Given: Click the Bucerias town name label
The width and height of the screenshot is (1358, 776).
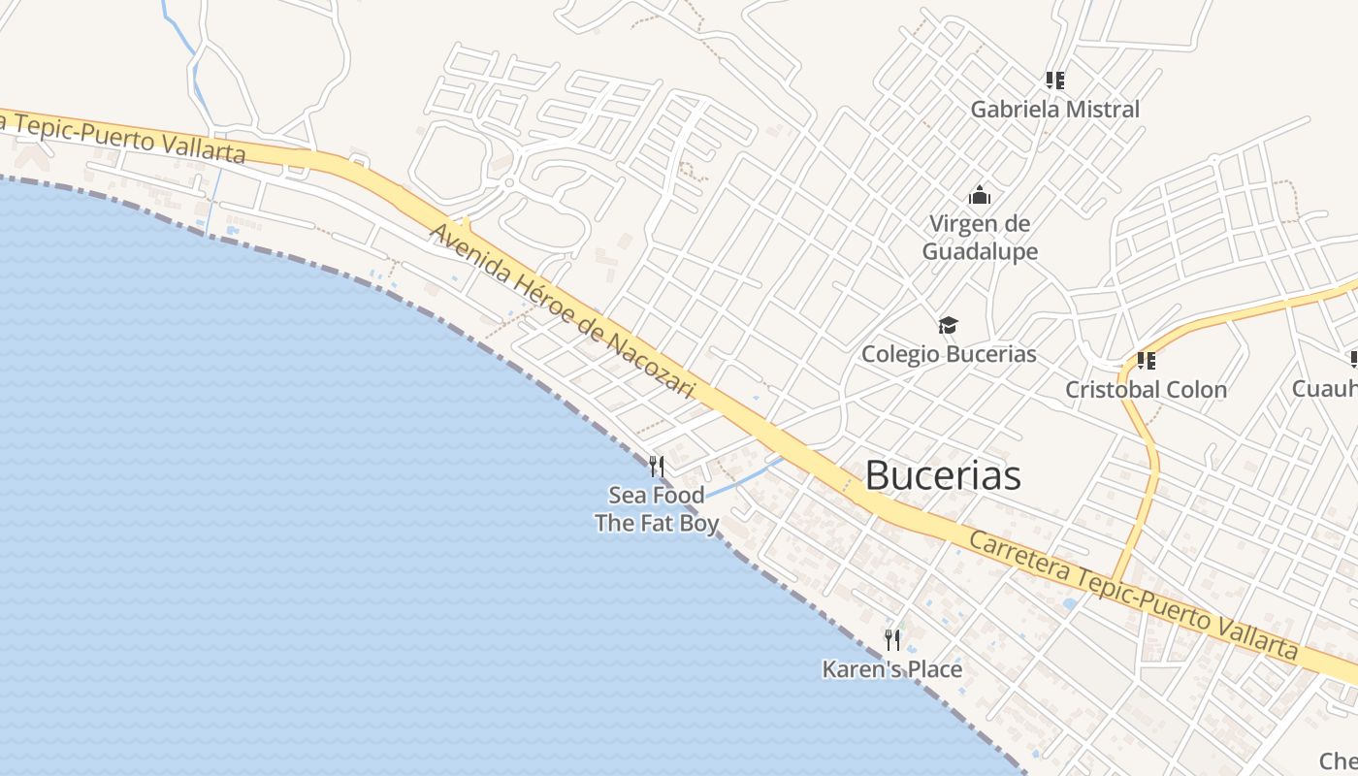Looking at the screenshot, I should tap(942, 475).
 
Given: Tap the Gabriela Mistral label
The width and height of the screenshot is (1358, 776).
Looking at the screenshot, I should tap(1054, 109).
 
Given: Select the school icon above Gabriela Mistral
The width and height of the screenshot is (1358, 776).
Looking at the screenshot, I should tap(1054, 81).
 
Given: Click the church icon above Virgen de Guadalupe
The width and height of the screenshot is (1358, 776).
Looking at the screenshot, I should tap(980, 195).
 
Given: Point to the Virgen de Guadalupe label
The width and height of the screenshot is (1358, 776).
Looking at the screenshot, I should tap(980, 238).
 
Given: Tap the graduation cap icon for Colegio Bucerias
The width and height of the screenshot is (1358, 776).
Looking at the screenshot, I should tap(948, 326).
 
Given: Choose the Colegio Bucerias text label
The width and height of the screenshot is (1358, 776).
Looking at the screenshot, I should tap(949, 354).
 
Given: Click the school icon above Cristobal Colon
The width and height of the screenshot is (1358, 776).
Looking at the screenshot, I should tap(1146, 361).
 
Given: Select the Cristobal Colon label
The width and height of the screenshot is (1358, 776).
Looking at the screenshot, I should tap(1146, 390).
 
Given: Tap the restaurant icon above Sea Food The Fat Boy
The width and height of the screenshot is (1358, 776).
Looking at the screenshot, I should tap(657, 467).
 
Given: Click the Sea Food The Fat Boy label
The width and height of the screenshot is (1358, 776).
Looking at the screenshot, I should tap(657, 509).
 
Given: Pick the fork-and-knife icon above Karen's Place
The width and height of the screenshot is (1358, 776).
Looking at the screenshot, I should tap(892, 640).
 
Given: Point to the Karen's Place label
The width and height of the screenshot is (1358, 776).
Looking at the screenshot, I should tap(892, 669).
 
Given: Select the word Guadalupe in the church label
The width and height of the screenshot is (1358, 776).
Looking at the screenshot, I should tap(980, 252).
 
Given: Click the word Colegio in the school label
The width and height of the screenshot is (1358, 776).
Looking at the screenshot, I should tap(901, 354).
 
